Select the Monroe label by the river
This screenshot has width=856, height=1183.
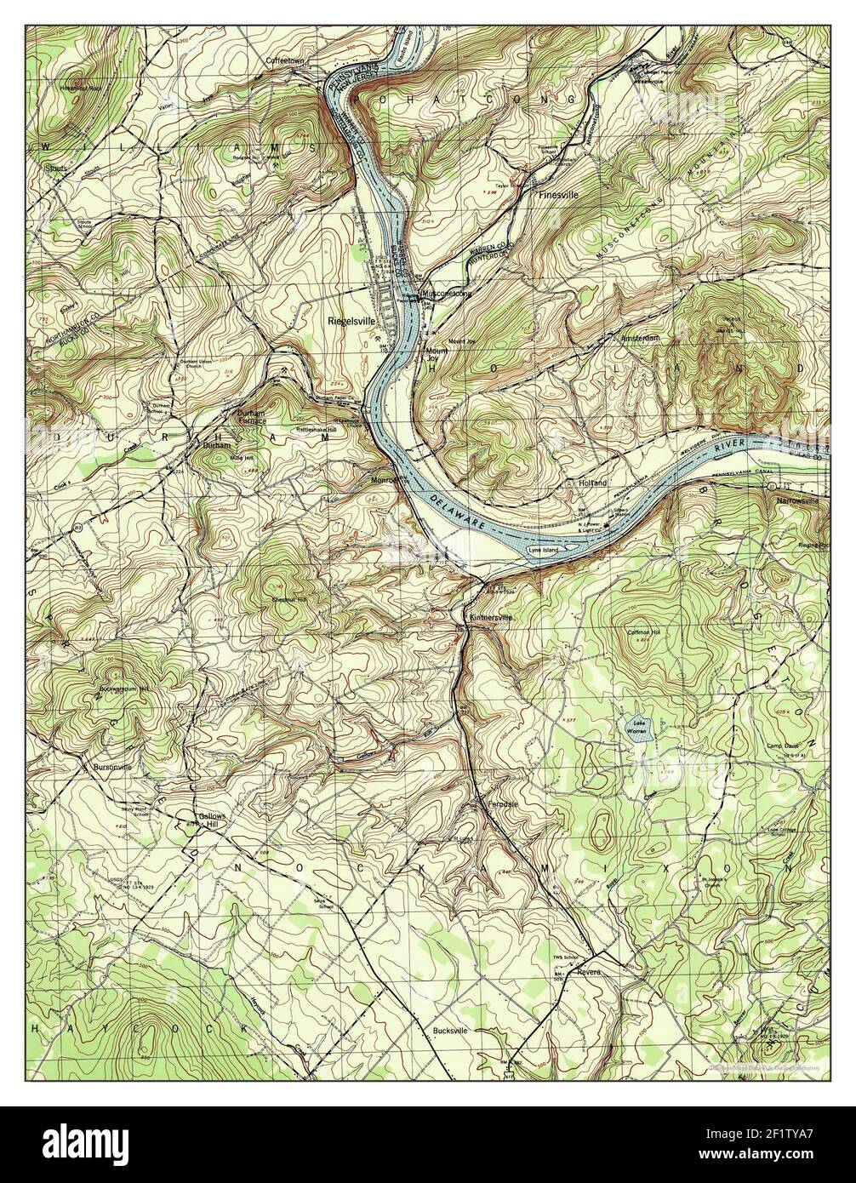pyautogui.click(x=385, y=479)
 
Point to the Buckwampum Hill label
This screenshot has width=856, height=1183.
pyautogui.click(x=124, y=688)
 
